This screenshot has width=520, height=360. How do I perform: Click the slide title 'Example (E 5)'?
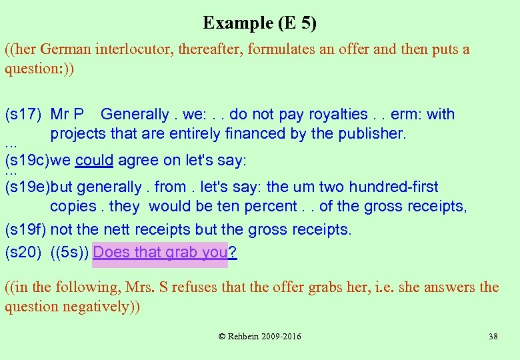pyautogui.click(x=259, y=23)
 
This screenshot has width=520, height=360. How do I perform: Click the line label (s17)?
pyautogui.click(x=25, y=115)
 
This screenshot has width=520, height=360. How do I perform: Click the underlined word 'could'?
pyautogui.click(x=94, y=161)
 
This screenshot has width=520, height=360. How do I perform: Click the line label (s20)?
pyautogui.click(x=25, y=253)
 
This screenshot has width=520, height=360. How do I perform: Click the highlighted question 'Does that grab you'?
pyautogui.click(x=161, y=253)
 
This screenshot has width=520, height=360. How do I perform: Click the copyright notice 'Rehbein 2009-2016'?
pyautogui.click(x=260, y=337)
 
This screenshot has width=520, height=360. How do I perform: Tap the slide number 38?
pyautogui.click(x=493, y=337)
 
